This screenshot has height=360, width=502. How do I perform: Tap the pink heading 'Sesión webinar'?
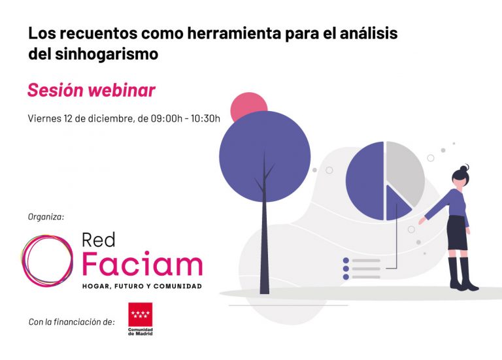(x=92, y=90)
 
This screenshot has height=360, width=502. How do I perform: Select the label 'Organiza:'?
(x=46, y=216)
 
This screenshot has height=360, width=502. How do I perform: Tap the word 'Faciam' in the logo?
(x=142, y=264)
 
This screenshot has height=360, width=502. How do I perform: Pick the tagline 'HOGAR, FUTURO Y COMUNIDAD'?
(x=142, y=286)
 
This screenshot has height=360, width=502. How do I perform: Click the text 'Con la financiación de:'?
(x=72, y=321)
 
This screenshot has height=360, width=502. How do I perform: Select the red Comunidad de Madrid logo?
(x=139, y=319)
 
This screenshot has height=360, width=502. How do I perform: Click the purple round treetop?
(x=264, y=156)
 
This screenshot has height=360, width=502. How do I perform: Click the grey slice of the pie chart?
(x=405, y=170)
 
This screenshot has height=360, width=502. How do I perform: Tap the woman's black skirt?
(x=458, y=233)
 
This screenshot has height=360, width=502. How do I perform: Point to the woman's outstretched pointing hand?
(x=422, y=221)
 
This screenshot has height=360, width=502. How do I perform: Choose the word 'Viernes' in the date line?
(x=43, y=118)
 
